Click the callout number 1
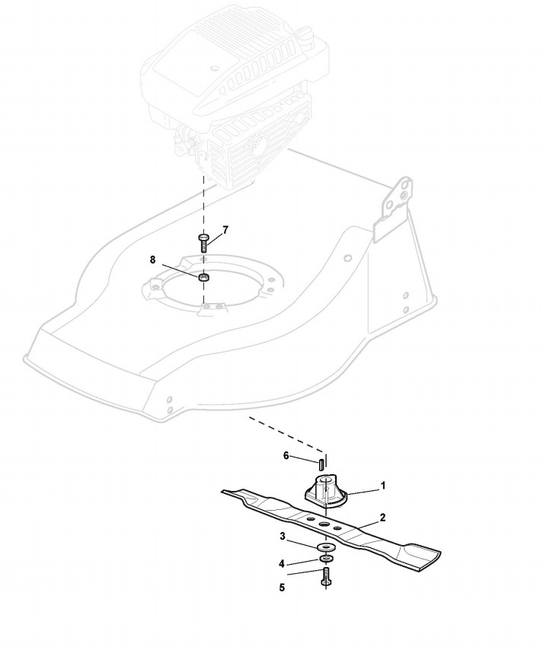tap(383, 484)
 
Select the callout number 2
tap(382, 518)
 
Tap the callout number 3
tap(282, 537)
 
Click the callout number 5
tap(282, 588)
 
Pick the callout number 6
tap(286, 456)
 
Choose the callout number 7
tap(225, 229)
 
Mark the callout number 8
tap(153, 260)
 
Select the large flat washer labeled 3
tap(326, 548)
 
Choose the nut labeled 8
tap(203, 277)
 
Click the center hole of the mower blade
tap(324, 525)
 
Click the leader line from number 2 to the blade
tap(362, 524)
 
